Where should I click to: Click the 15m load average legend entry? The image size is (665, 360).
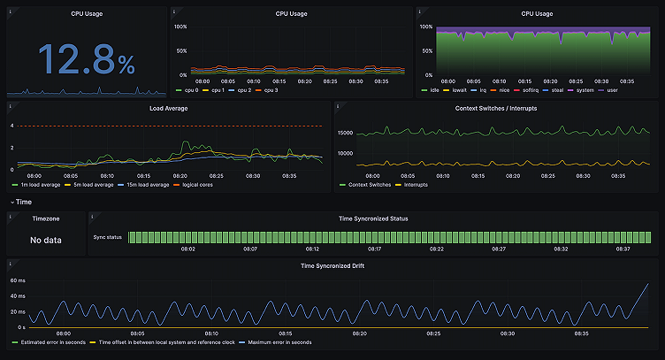[143, 185]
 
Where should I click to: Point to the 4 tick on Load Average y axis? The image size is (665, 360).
[11, 126]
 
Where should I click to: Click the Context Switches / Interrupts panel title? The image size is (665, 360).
[495, 108]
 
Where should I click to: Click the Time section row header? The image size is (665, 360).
[23, 202]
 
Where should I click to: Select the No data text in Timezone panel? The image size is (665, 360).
[46, 240]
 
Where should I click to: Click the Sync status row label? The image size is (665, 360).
[108, 237]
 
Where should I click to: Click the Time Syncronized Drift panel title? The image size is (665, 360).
[332, 264]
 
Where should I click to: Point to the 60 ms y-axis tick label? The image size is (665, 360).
[18, 280]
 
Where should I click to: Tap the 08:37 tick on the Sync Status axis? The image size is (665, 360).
[622, 249]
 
